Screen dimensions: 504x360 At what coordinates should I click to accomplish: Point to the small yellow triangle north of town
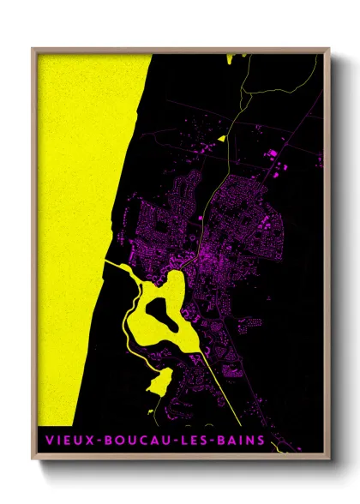(221, 137)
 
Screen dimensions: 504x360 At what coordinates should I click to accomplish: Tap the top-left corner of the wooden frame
(33, 50)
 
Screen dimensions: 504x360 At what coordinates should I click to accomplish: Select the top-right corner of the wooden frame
(328, 50)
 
